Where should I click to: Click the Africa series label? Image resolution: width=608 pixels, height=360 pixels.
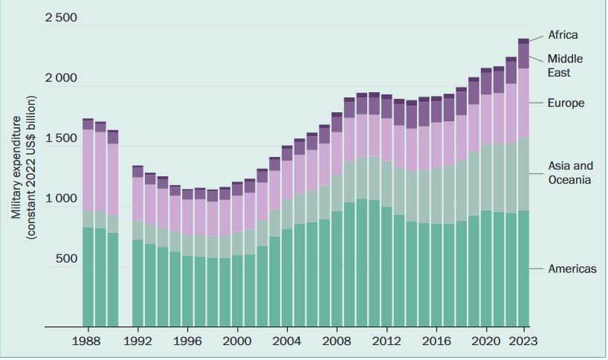click(x=563, y=35)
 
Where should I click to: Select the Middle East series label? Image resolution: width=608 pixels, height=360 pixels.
click(x=565, y=65)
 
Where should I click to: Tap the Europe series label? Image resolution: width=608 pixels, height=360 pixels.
click(x=566, y=103)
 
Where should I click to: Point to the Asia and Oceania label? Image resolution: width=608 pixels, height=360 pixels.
click(x=570, y=173)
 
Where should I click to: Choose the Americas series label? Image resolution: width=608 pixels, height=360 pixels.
click(x=572, y=269)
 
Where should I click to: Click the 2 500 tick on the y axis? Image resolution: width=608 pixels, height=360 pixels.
click(x=60, y=18)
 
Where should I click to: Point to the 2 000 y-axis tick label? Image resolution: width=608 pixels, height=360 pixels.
click(x=60, y=79)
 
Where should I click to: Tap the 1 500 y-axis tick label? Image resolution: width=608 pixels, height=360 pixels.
click(x=60, y=139)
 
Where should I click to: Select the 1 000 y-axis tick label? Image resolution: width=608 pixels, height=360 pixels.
click(x=60, y=199)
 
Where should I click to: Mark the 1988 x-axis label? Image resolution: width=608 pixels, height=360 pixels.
click(x=88, y=341)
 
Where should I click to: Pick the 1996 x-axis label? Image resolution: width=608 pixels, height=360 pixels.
click(x=187, y=341)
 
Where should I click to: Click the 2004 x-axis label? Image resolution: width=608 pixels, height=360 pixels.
click(x=287, y=341)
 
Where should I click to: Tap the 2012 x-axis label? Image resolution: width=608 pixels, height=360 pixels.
click(x=387, y=341)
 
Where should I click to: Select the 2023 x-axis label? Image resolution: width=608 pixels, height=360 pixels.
click(x=523, y=341)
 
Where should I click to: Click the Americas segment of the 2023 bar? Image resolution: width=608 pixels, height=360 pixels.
click(x=523, y=268)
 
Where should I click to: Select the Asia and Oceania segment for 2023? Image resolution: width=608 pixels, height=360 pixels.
click(x=523, y=173)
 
